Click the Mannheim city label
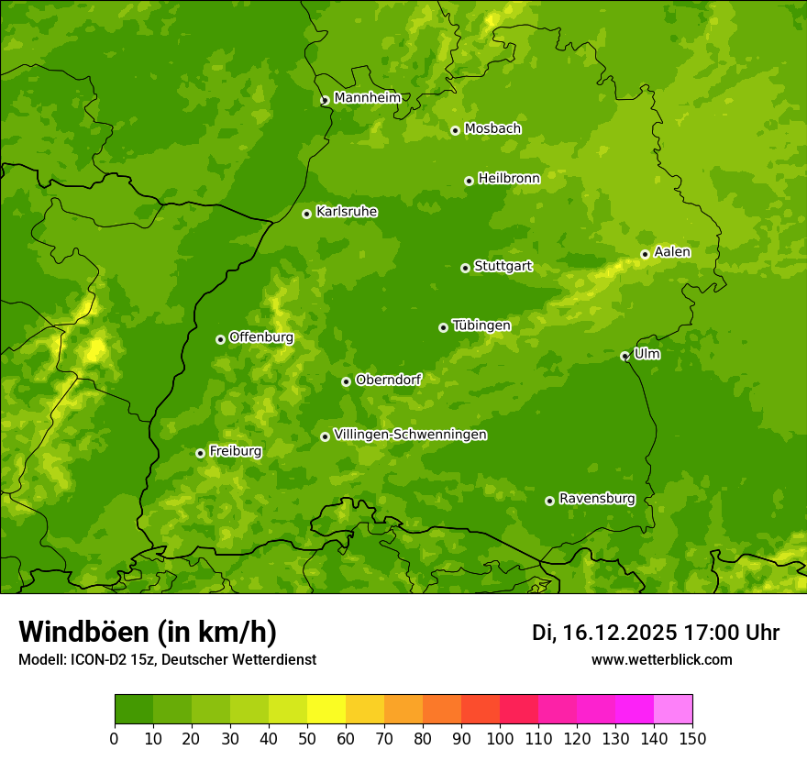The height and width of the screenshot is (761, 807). (367, 98)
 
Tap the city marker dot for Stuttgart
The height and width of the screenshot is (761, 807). (465, 268)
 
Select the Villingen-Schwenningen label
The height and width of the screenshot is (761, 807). (410, 435)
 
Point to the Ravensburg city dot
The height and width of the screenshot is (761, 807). (549, 501)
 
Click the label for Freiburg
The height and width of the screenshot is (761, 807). (235, 451)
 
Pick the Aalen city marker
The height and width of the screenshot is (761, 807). (645, 254)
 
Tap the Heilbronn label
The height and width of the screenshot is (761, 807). (509, 179)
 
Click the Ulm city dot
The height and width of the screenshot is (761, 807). (625, 356)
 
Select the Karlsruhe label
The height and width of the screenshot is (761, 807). (347, 212)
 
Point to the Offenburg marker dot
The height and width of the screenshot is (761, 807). (220, 339)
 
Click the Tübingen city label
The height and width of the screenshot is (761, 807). (481, 325)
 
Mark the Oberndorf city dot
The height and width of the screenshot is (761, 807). (346, 381)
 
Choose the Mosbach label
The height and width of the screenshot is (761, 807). (492, 129)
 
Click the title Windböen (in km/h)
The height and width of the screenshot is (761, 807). (148, 632)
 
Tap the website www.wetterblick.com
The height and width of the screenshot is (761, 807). (661, 659)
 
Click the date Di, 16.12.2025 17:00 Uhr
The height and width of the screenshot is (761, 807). (656, 633)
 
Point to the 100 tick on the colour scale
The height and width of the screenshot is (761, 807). (500, 738)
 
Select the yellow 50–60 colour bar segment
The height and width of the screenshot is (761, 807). (326, 709)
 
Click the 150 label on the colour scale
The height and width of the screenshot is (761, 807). (692, 738)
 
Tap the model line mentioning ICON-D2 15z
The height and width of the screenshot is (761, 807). (167, 659)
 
